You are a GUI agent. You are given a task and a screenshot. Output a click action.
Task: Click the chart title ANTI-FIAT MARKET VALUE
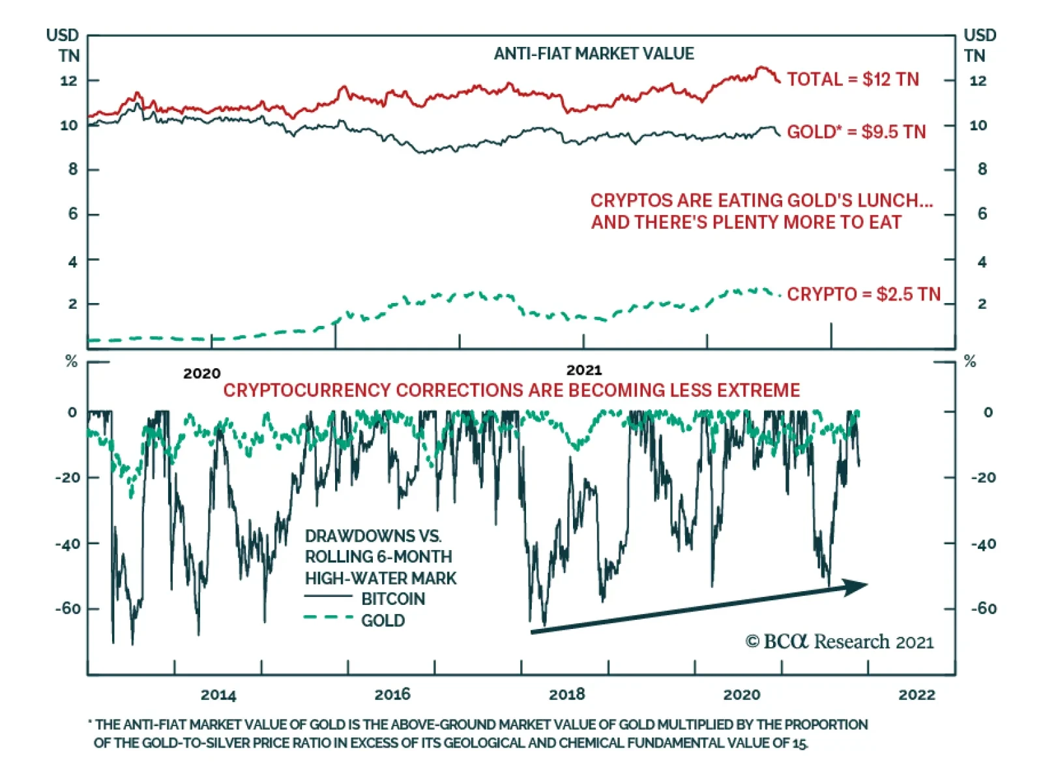[x=594, y=53]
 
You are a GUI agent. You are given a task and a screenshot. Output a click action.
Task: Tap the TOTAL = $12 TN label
[x=853, y=80]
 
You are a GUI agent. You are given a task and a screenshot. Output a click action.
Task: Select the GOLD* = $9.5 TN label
[x=856, y=132]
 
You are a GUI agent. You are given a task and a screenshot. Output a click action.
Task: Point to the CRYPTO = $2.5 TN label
[x=864, y=294]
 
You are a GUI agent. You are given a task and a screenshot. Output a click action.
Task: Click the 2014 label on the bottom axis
[x=218, y=695]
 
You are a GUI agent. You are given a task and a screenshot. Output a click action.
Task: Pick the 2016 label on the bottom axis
[x=392, y=695]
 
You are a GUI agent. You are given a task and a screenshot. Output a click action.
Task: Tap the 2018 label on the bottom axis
[x=566, y=695]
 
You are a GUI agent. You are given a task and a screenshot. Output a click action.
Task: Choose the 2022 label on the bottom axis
[x=917, y=695]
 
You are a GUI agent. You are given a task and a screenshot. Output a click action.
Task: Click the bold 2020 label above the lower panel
[x=201, y=373]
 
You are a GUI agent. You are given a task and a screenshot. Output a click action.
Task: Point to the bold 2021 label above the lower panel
[x=584, y=370]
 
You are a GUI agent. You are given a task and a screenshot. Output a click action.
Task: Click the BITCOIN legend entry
[x=393, y=599]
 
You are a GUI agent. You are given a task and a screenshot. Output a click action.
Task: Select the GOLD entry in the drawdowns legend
[x=383, y=620]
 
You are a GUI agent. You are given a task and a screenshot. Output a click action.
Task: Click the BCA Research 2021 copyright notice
[x=840, y=642]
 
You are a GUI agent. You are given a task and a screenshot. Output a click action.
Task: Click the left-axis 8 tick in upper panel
[x=73, y=169]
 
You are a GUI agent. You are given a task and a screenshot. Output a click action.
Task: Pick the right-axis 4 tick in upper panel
[x=982, y=262]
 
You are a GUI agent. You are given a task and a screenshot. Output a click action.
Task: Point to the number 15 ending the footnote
[x=801, y=743]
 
